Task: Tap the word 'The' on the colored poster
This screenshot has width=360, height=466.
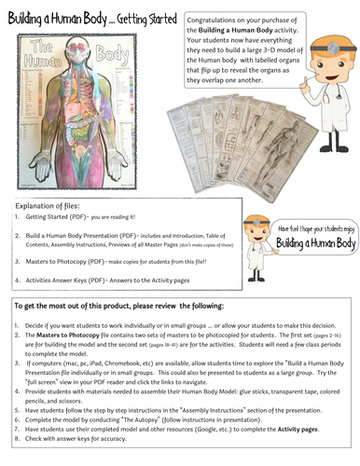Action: (35, 44)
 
